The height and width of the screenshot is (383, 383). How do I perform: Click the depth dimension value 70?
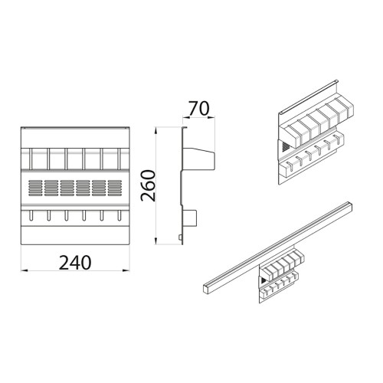pos(198,108)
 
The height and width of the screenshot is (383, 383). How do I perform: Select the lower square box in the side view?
pos(190,220)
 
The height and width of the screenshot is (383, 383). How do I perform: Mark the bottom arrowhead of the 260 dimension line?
pos(157,243)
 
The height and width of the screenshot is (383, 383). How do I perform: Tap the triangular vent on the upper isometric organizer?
pos(285,144)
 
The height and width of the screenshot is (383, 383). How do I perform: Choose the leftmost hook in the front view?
pos(29,217)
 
